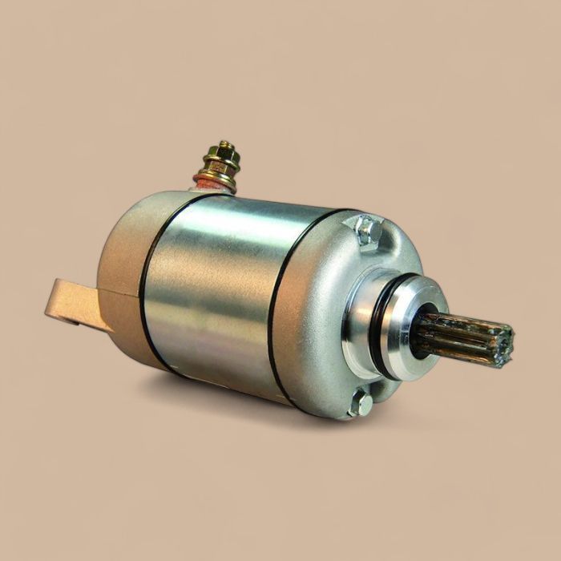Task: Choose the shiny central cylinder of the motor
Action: [x=212, y=289]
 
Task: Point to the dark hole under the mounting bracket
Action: [x=70, y=319]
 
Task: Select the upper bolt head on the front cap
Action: [x=367, y=231]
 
